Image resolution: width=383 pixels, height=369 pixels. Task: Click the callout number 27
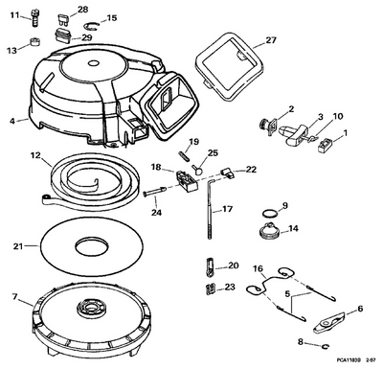coord(270,41)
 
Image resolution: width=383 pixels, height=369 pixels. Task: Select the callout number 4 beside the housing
coord(12,121)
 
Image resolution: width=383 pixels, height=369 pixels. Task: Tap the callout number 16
coord(258,268)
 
